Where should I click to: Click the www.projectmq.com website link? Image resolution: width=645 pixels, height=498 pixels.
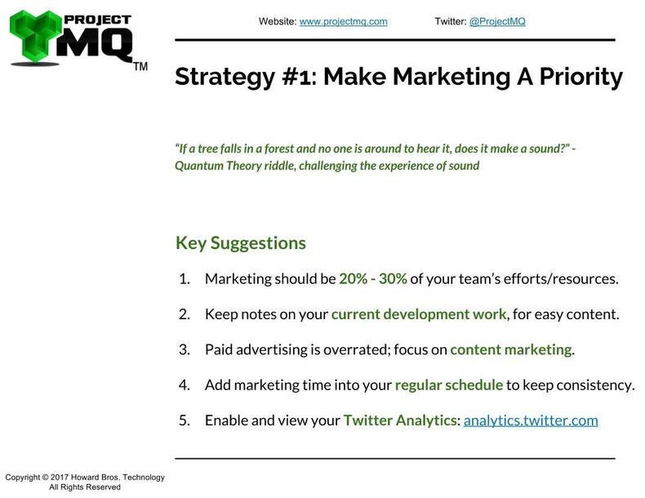click(x=343, y=21)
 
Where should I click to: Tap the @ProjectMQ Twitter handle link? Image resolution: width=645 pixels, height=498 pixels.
click(x=497, y=21)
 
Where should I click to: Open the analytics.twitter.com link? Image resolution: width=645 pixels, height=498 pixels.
click(x=531, y=420)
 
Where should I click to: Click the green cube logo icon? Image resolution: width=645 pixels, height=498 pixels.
click(x=35, y=36)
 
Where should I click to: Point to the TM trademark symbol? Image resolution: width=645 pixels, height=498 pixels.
click(x=140, y=67)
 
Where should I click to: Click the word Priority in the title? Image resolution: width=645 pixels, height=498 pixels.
click(x=580, y=77)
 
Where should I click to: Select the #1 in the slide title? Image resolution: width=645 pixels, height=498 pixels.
click(x=295, y=77)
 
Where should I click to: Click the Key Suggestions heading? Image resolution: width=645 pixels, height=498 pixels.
click(x=241, y=243)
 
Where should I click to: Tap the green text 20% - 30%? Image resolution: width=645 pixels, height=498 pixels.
click(x=372, y=279)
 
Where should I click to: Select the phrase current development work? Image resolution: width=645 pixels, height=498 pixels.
click(x=419, y=314)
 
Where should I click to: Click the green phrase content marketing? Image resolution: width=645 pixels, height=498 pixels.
click(x=511, y=349)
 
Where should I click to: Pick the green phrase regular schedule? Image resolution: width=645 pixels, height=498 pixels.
click(x=449, y=385)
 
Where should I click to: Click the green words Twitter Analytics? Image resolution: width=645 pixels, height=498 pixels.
click(x=400, y=420)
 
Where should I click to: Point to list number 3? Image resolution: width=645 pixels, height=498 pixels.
click(x=185, y=349)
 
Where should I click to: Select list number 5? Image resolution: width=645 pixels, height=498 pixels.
click(x=185, y=420)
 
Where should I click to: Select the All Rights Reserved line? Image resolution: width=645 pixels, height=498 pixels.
click(x=85, y=487)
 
